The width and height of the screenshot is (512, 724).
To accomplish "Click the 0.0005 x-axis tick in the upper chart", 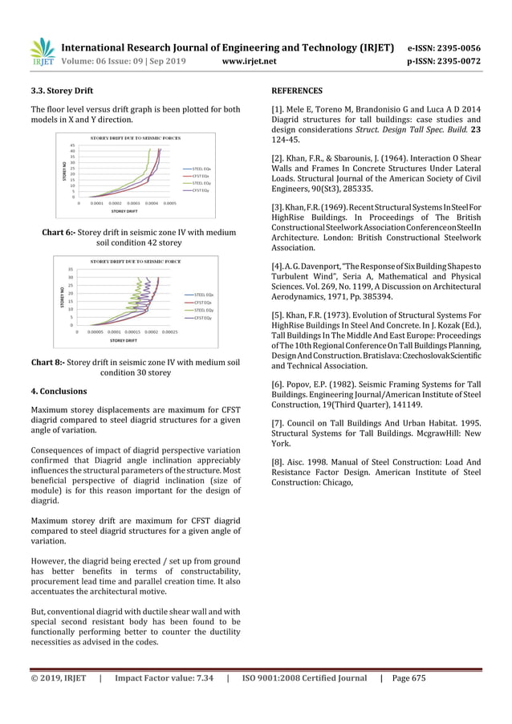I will pyautogui.click(x=169, y=203).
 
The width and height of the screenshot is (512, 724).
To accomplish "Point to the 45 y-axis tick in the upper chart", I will pyautogui.click(x=72, y=145).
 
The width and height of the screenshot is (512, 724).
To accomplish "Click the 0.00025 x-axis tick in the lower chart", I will pyautogui.click(x=169, y=331).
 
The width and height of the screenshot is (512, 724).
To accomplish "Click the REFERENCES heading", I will pyautogui.click(x=297, y=91).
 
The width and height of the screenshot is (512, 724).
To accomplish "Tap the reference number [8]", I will pyautogui.click(x=278, y=462).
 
